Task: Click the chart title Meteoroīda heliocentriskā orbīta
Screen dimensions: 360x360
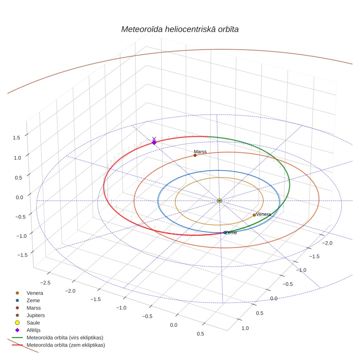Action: pos(180,30)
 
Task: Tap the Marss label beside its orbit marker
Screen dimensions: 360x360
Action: pos(200,152)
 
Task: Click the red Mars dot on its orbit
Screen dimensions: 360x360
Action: pos(195,155)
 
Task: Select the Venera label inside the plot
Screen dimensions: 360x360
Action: pos(263,214)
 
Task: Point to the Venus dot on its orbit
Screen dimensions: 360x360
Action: pos(254,215)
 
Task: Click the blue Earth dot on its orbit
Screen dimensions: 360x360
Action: pos(224,233)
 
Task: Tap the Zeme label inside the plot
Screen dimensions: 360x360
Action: pos(231,233)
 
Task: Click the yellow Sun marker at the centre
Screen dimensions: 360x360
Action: pos(220,201)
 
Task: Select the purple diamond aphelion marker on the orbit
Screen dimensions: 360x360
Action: pos(154,143)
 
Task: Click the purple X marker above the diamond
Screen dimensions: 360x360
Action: pos(154,139)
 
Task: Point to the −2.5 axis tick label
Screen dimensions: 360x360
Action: pos(45,283)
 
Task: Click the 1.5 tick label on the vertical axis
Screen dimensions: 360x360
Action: pos(16,137)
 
